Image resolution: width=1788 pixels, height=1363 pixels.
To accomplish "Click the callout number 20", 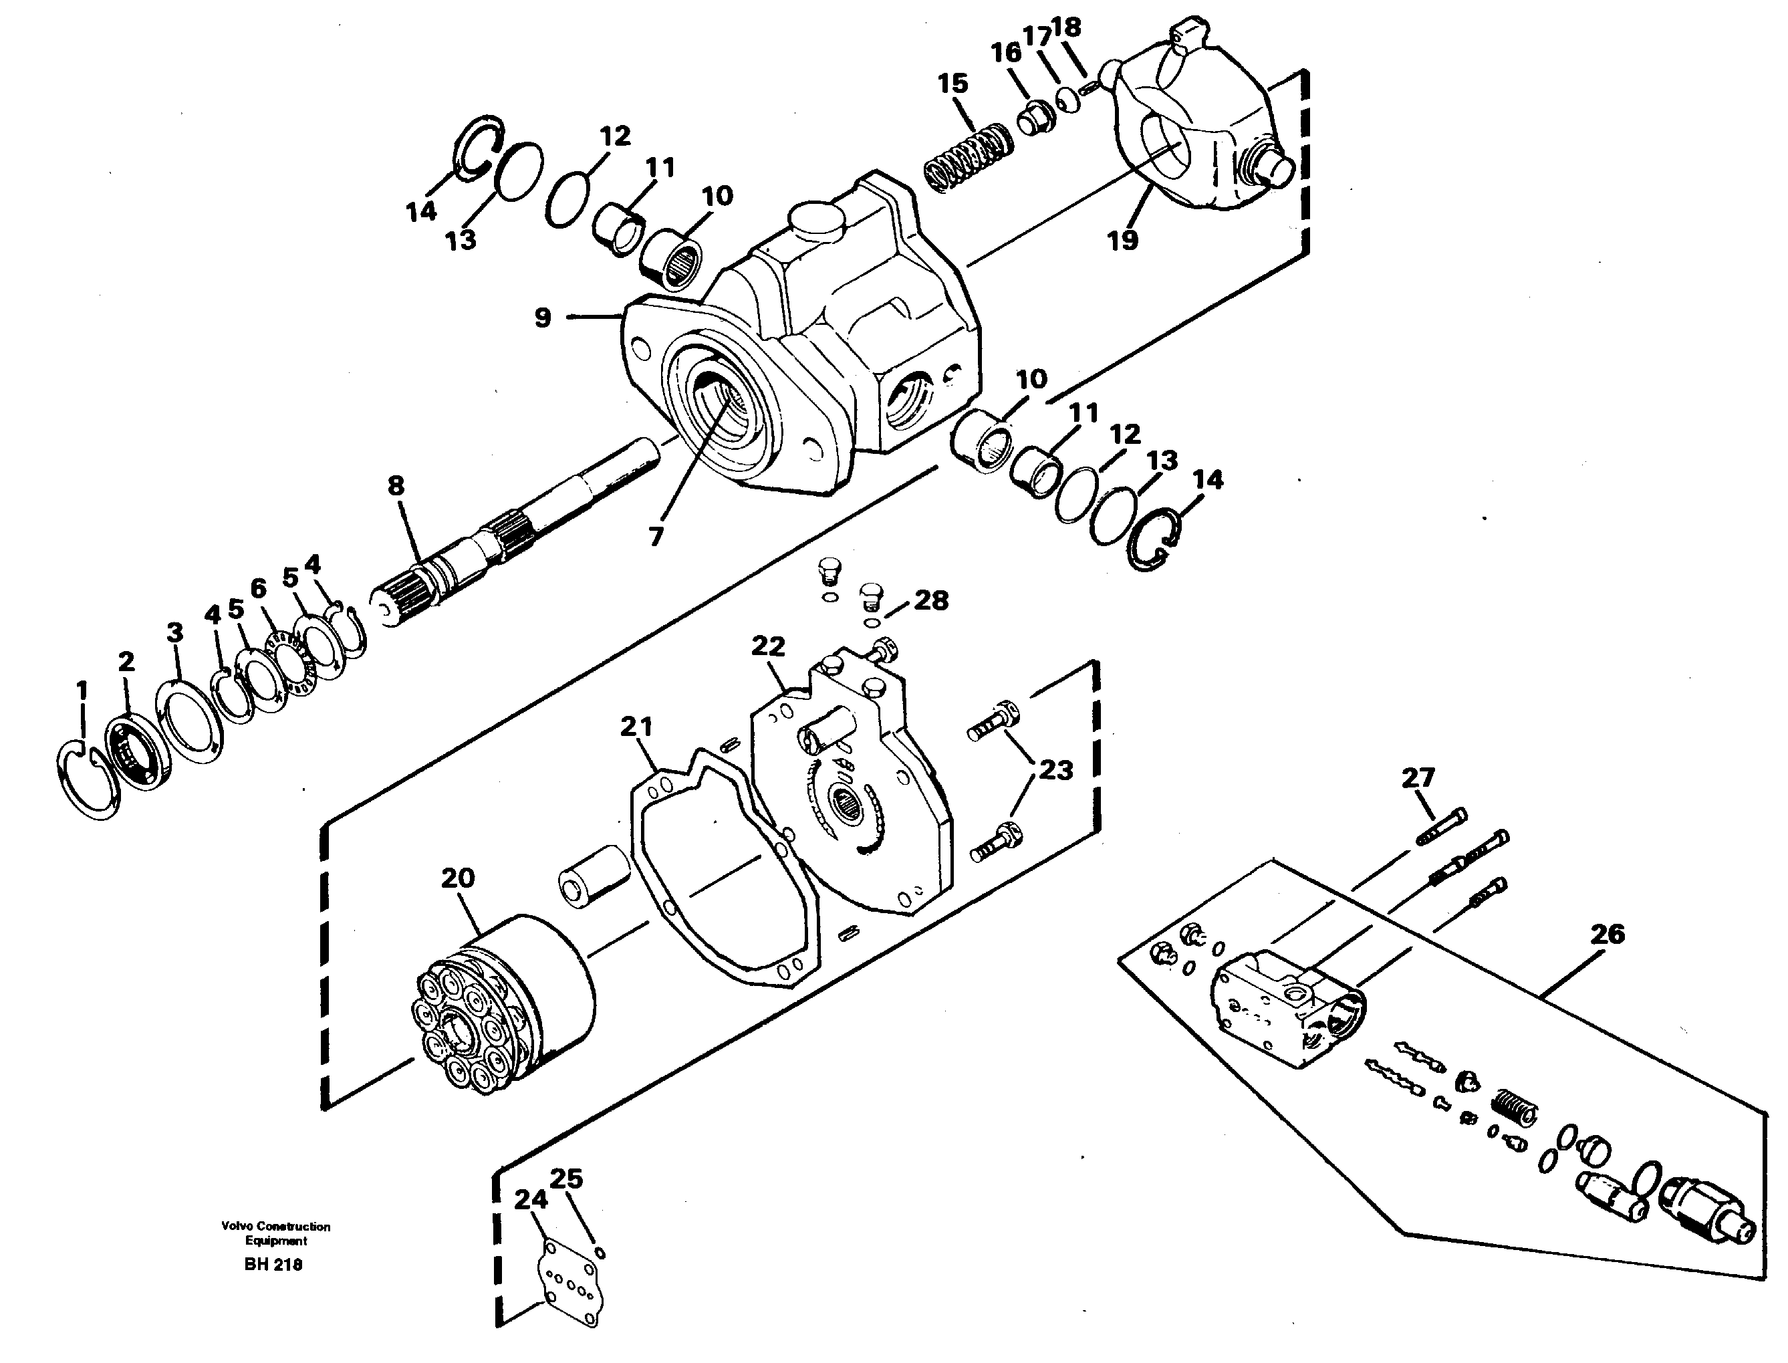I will click(x=458, y=878).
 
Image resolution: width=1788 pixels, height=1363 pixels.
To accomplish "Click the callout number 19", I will click(x=1123, y=240).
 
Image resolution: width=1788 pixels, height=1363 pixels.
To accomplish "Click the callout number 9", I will click(x=543, y=318).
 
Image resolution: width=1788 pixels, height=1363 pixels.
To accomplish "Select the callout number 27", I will click(x=1418, y=778).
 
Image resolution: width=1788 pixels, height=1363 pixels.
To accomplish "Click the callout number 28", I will click(x=930, y=600).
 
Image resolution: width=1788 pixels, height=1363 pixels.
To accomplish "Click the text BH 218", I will click(x=273, y=1265).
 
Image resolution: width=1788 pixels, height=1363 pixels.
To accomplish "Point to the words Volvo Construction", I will click(x=276, y=1227).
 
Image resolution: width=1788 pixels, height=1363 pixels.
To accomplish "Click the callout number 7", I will click(x=656, y=535).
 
